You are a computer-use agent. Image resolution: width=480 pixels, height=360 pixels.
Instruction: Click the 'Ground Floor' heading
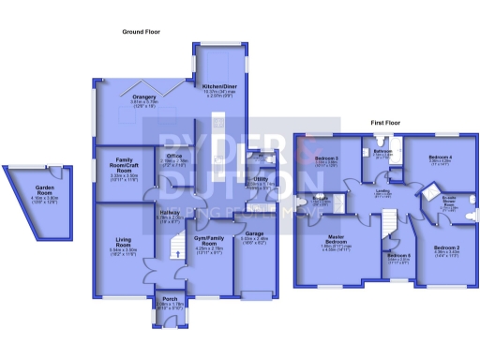tap(140, 32)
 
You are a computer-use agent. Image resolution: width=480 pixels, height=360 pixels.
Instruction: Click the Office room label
tap(174, 156)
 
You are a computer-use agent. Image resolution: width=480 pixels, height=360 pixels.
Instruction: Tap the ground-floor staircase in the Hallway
tap(173, 247)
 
